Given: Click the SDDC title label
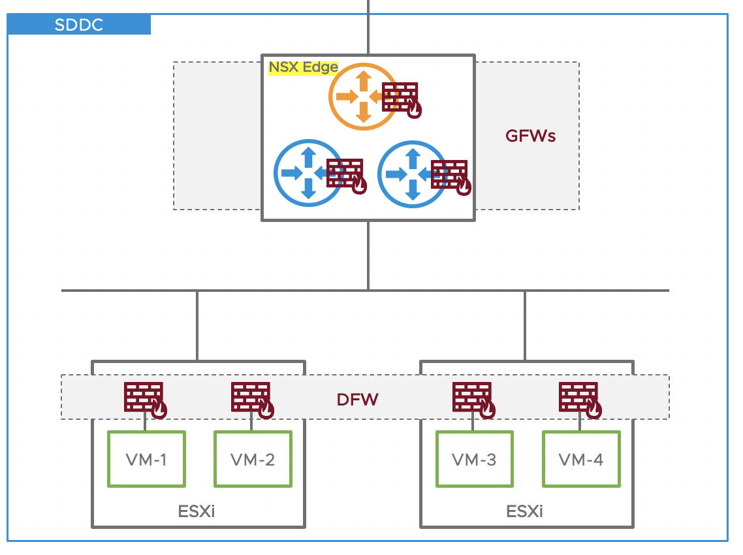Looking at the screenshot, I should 79,25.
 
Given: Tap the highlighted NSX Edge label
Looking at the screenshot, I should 304,67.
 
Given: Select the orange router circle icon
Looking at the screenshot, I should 362,97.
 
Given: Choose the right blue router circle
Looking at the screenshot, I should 412,174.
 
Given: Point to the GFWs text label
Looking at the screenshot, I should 530,136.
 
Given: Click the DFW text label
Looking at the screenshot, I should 357,400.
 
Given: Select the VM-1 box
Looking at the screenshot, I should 146,459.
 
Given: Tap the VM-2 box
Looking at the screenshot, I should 253,459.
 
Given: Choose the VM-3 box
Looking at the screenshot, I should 474,459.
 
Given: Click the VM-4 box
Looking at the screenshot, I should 581,459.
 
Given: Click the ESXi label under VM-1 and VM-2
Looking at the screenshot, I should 197,511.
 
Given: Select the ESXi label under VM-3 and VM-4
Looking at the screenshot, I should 525,511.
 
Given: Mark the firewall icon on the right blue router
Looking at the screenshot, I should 451,177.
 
